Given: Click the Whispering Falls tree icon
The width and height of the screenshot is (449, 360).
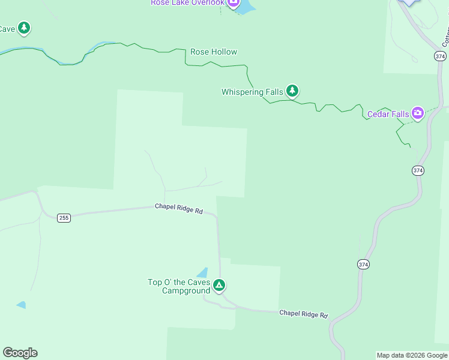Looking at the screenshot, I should pos(292,91).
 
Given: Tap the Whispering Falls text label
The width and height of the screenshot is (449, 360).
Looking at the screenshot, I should pos(252,92).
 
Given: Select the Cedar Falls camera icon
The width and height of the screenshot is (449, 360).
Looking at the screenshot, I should pos(417,113).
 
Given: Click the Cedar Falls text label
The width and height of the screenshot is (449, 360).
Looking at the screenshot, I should pos(388,114).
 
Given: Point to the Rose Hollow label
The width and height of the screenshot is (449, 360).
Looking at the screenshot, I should pos(214,52).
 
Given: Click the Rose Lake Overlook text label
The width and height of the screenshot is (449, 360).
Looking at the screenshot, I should pos(187,3).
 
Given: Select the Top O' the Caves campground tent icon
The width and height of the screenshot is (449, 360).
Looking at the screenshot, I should pos(220,285).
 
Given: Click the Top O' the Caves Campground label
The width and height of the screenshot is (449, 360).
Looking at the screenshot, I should pos(179,286).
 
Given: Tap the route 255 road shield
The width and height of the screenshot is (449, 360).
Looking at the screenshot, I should pos(64,218).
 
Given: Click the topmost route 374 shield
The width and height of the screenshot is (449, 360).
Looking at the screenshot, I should pos(440,56).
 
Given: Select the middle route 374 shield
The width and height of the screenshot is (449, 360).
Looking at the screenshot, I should pos(418,171).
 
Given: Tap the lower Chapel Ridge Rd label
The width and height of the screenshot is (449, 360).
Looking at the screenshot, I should pos(303,314).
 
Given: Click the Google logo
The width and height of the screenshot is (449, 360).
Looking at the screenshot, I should pos(20,353).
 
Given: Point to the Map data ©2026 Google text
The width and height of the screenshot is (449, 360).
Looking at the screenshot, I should pos(412,355).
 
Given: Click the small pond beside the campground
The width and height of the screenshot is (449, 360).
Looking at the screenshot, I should pos(202,274).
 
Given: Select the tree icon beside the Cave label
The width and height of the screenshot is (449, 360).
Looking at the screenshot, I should pos(23,28).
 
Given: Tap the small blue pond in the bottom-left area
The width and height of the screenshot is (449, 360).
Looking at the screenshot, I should pos(22,305).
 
